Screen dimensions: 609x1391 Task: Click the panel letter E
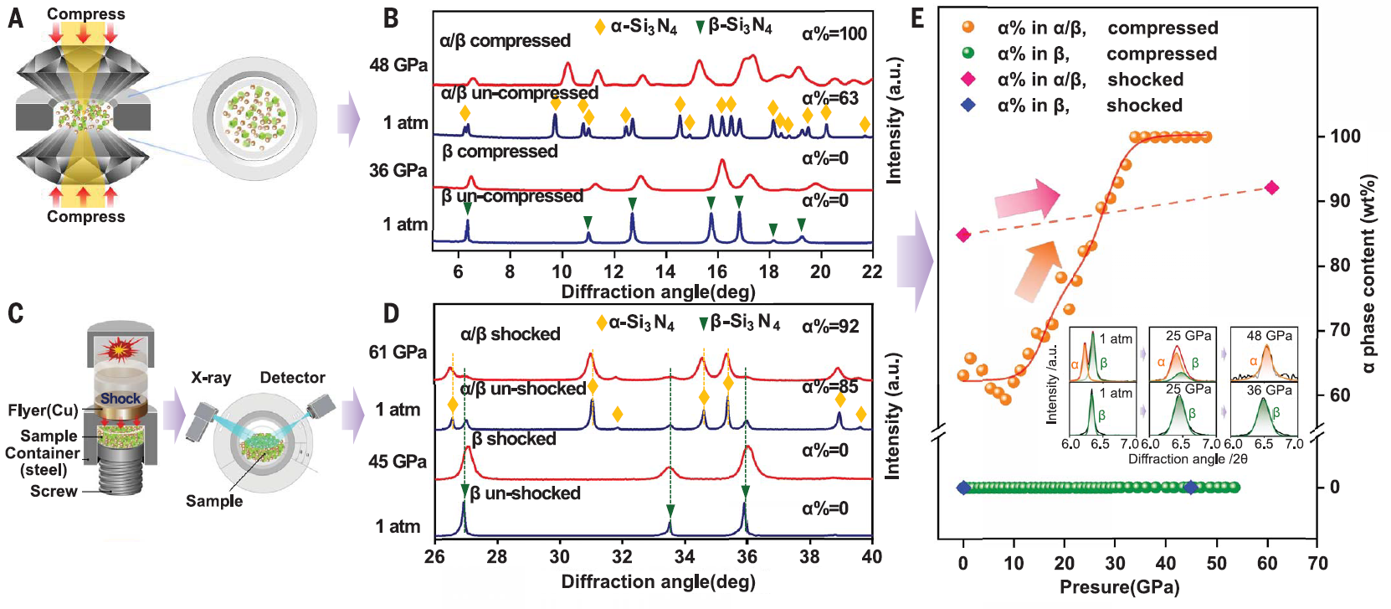click(918, 18)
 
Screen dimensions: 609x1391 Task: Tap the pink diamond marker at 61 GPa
click(1272, 188)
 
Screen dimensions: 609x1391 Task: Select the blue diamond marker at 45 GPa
click(1191, 488)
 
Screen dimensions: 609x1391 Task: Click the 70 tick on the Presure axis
click(1318, 563)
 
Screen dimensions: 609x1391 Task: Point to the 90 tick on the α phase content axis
click(1340, 201)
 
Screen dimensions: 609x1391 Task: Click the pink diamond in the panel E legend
click(968, 80)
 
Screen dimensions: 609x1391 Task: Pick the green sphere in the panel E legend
click(968, 54)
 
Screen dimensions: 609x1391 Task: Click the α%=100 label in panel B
click(834, 34)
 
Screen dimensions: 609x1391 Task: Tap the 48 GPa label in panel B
click(398, 65)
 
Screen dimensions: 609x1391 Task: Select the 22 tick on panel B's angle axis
click(872, 271)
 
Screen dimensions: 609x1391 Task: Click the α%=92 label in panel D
click(830, 327)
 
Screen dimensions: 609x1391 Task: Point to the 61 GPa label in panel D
click(398, 353)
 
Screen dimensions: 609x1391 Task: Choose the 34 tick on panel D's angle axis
click(685, 557)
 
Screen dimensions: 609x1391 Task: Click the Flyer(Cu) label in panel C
click(43, 410)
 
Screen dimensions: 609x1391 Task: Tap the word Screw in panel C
click(54, 492)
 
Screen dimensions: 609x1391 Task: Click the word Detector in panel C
click(292, 378)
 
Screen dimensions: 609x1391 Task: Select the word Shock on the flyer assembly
click(121, 399)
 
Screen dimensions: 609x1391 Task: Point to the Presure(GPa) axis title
click(1119, 587)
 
